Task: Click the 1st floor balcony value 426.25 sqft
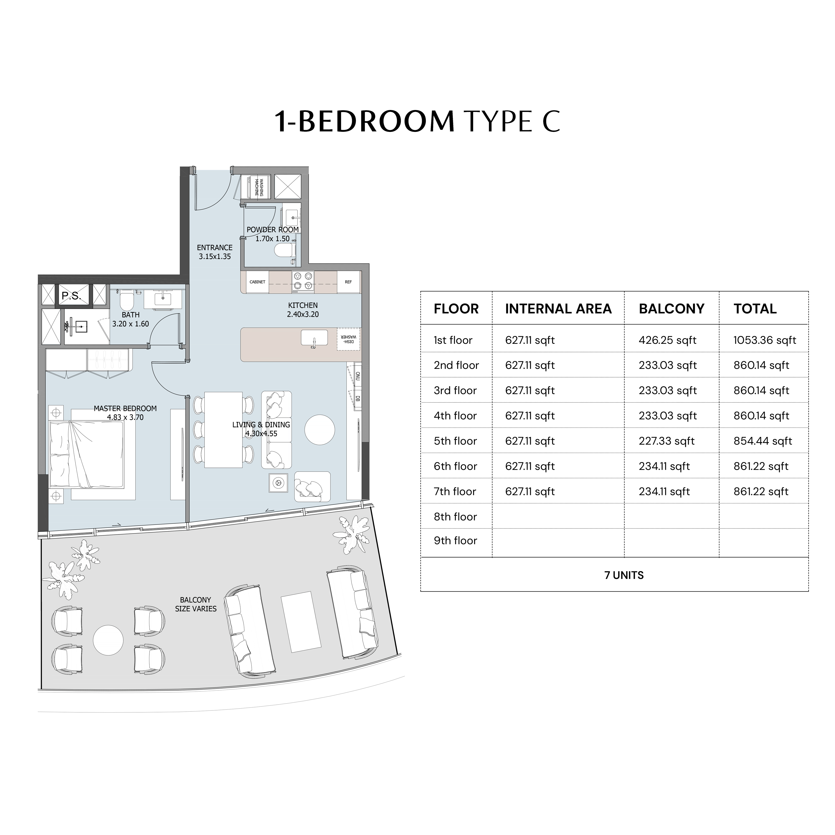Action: click(x=667, y=340)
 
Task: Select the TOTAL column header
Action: click(x=755, y=308)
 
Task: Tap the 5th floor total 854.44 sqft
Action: click(x=762, y=441)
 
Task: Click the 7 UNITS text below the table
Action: click(x=624, y=575)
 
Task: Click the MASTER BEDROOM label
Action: click(x=125, y=408)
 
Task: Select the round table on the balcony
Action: click(x=108, y=640)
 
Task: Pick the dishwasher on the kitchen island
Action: click(x=348, y=338)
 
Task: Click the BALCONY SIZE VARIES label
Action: click(x=196, y=604)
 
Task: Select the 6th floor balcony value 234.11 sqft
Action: click(x=664, y=466)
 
